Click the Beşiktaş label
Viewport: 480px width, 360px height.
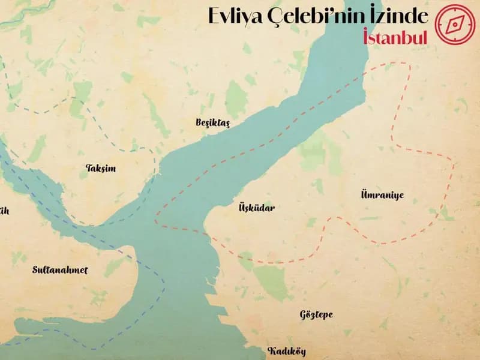pyautogui.click(x=212, y=122)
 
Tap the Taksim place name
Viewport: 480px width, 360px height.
pyautogui.click(x=101, y=169)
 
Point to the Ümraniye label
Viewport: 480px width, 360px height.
pyautogui.click(x=382, y=195)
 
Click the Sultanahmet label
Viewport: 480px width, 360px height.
pyautogui.click(x=60, y=270)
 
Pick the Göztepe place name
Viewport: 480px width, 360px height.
pyautogui.click(x=316, y=314)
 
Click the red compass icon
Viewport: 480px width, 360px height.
pyautogui.click(x=455, y=25)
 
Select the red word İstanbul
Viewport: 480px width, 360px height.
pyautogui.click(x=395, y=37)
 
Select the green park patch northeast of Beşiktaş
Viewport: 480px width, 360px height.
pyautogui.click(x=235, y=96)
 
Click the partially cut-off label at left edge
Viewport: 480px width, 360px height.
pyautogui.click(x=4, y=211)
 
